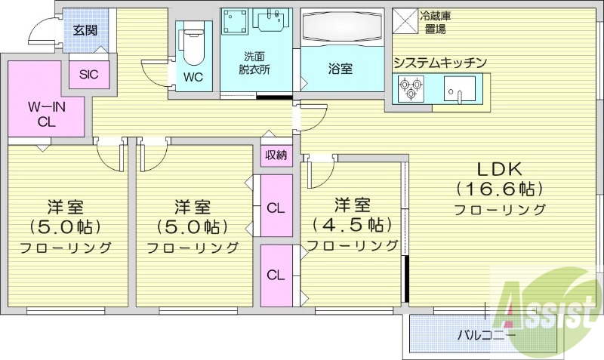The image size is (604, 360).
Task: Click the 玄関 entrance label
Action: click(83, 29)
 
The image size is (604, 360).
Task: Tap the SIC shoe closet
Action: click(89, 75)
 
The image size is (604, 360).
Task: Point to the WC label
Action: click(193, 77)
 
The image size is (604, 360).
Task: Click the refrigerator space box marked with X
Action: click(404, 20)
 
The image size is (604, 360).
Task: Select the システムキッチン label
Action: click(439, 63)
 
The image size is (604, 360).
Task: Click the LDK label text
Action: click(499, 168)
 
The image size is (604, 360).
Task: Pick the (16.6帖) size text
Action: click(499, 189)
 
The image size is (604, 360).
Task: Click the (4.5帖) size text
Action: click(352, 224)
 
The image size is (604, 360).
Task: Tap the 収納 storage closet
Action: click(276, 155)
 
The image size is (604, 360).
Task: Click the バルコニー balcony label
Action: click(486, 334)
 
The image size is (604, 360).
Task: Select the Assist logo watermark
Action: click(539, 305)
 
